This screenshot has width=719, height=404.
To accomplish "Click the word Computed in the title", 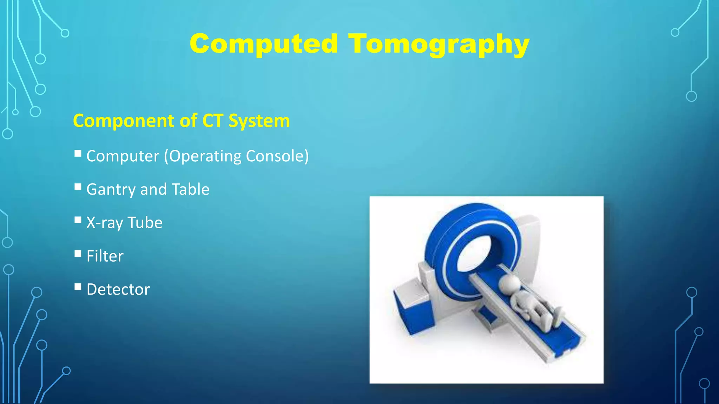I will [x=264, y=44].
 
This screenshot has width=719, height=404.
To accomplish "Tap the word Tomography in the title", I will [x=439, y=45].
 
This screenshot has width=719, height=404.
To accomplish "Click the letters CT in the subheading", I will [x=213, y=121].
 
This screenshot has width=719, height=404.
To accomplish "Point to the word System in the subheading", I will [x=259, y=121].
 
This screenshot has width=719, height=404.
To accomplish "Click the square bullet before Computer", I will [x=78, y=154].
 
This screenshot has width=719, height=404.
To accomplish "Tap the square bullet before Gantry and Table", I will [x=78, y=187].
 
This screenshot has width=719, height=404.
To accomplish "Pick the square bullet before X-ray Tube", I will [x=78, y=220].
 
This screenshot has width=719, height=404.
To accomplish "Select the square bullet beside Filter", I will [x=78, y=254].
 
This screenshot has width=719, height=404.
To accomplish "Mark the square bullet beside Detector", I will [x=78, y=287].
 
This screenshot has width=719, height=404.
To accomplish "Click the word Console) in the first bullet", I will [x=277, y=156].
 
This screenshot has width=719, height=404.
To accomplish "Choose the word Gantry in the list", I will [x=111, y=190].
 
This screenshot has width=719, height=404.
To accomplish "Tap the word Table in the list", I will [x=190, y=189].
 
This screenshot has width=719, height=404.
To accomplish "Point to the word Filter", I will [x=105, y=256].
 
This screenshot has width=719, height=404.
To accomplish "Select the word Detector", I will [x=118, y=289].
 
